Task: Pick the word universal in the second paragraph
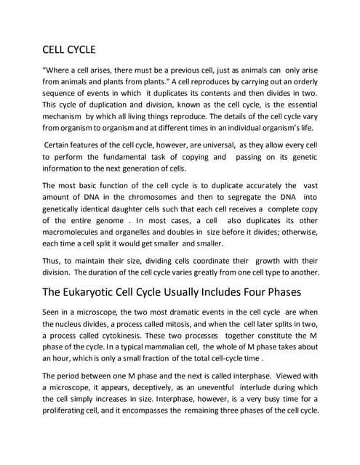click(x=231, y=146)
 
